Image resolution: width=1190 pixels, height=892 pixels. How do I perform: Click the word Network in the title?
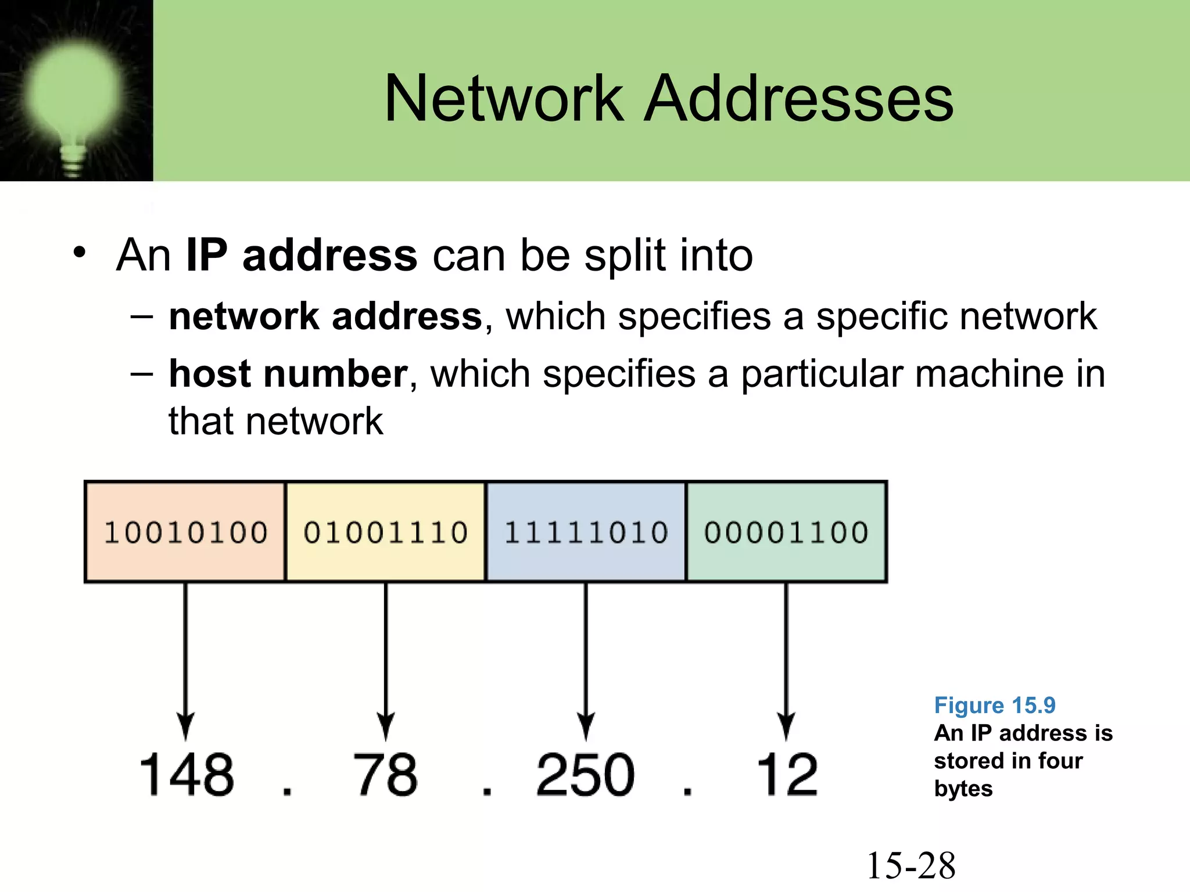coord(504,99)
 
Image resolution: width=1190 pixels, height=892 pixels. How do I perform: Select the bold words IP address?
coord(301,255)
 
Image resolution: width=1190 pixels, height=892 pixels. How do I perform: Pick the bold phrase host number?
coord(288,373)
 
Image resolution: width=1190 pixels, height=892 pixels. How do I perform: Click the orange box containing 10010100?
coord(185,532)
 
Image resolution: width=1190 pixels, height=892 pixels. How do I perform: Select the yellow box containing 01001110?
coord(386,532)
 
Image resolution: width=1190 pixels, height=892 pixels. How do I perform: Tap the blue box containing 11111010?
coord(586,532)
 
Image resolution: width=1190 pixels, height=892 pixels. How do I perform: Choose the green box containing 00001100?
coord(786,532)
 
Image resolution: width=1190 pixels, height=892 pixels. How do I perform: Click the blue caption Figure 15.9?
coord(994,705)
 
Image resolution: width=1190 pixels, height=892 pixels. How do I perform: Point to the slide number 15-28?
coord(911,865)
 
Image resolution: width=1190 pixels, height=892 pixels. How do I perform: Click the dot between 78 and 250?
coord(487,790)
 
